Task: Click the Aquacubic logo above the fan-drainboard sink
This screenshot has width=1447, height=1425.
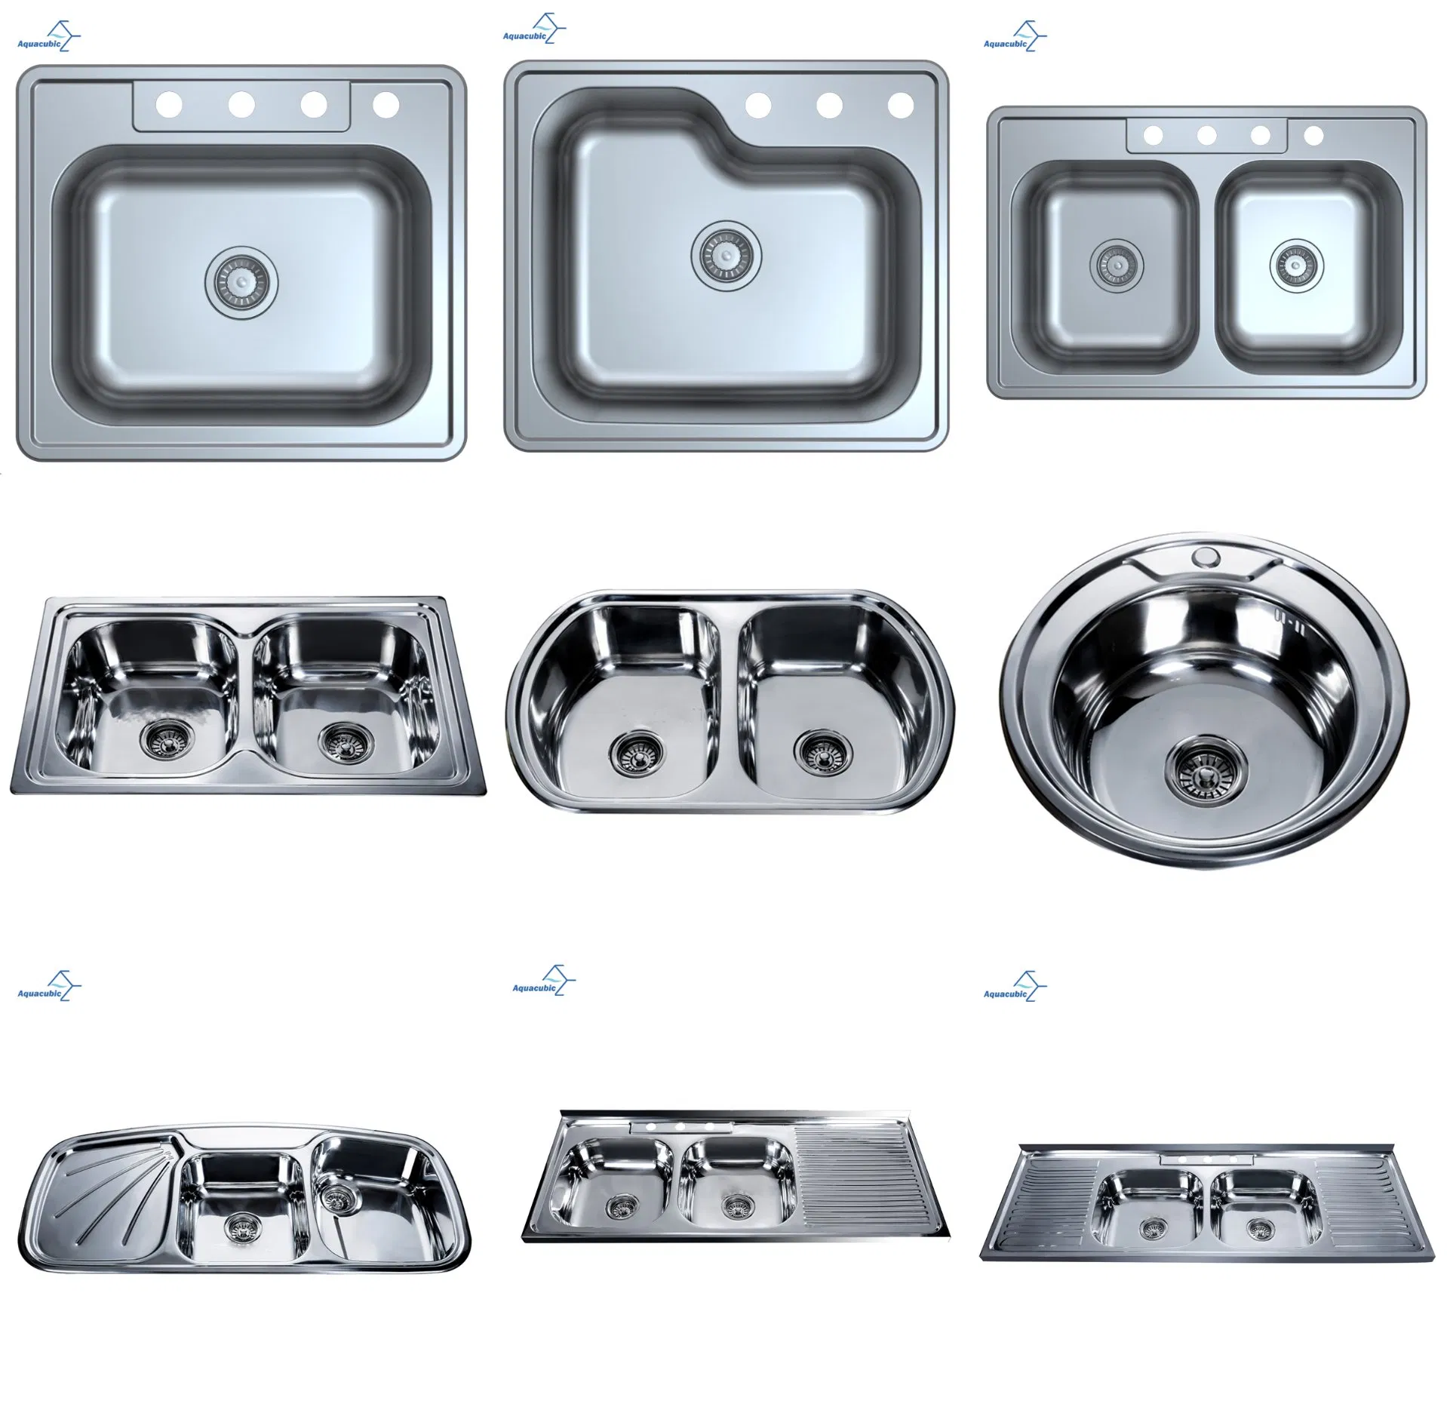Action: point(48,986)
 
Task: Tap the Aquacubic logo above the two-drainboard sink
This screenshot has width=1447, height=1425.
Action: point(1014,986)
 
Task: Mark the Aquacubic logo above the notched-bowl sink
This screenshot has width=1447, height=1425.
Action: point(533,31)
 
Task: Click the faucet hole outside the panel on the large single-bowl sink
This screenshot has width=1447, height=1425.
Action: point(386,105)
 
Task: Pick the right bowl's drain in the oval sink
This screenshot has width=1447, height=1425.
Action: point(820,751)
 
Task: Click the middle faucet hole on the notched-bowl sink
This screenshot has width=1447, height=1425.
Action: point(829,106)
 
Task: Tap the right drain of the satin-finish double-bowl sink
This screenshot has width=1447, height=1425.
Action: point(1296,266)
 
